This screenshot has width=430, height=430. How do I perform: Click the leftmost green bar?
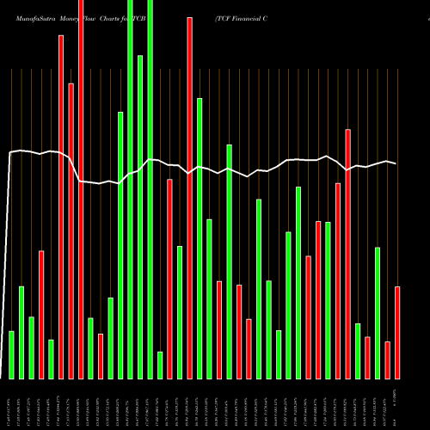11,354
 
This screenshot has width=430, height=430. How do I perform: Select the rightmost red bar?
397,332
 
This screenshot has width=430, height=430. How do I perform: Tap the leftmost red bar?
40,314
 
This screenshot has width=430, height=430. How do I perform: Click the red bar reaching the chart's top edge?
81,189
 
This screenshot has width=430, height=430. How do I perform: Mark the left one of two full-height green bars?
130,189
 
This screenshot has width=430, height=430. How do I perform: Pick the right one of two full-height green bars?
150,189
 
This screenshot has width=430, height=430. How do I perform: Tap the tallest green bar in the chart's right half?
229,261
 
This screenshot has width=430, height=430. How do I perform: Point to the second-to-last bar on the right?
387,359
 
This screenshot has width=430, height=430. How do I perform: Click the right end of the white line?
396,163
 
